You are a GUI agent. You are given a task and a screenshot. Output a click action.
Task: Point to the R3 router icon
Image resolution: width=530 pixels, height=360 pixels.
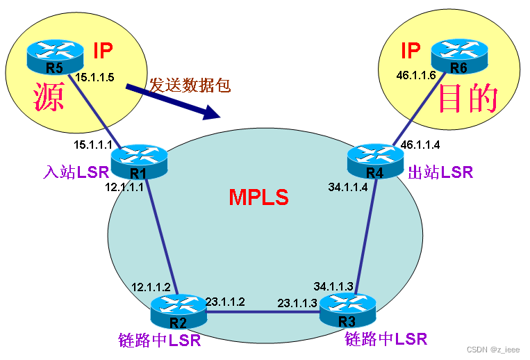coord(347,309)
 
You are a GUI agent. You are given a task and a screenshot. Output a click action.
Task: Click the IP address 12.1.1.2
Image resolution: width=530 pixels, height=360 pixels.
coord(151,287)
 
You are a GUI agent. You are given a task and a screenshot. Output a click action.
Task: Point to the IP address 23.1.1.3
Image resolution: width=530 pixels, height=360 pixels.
coord(297,303)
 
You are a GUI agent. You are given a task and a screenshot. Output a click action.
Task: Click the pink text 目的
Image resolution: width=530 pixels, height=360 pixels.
coord(469,99)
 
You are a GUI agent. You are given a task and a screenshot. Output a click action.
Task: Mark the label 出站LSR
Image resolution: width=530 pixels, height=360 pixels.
coord(440,172)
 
